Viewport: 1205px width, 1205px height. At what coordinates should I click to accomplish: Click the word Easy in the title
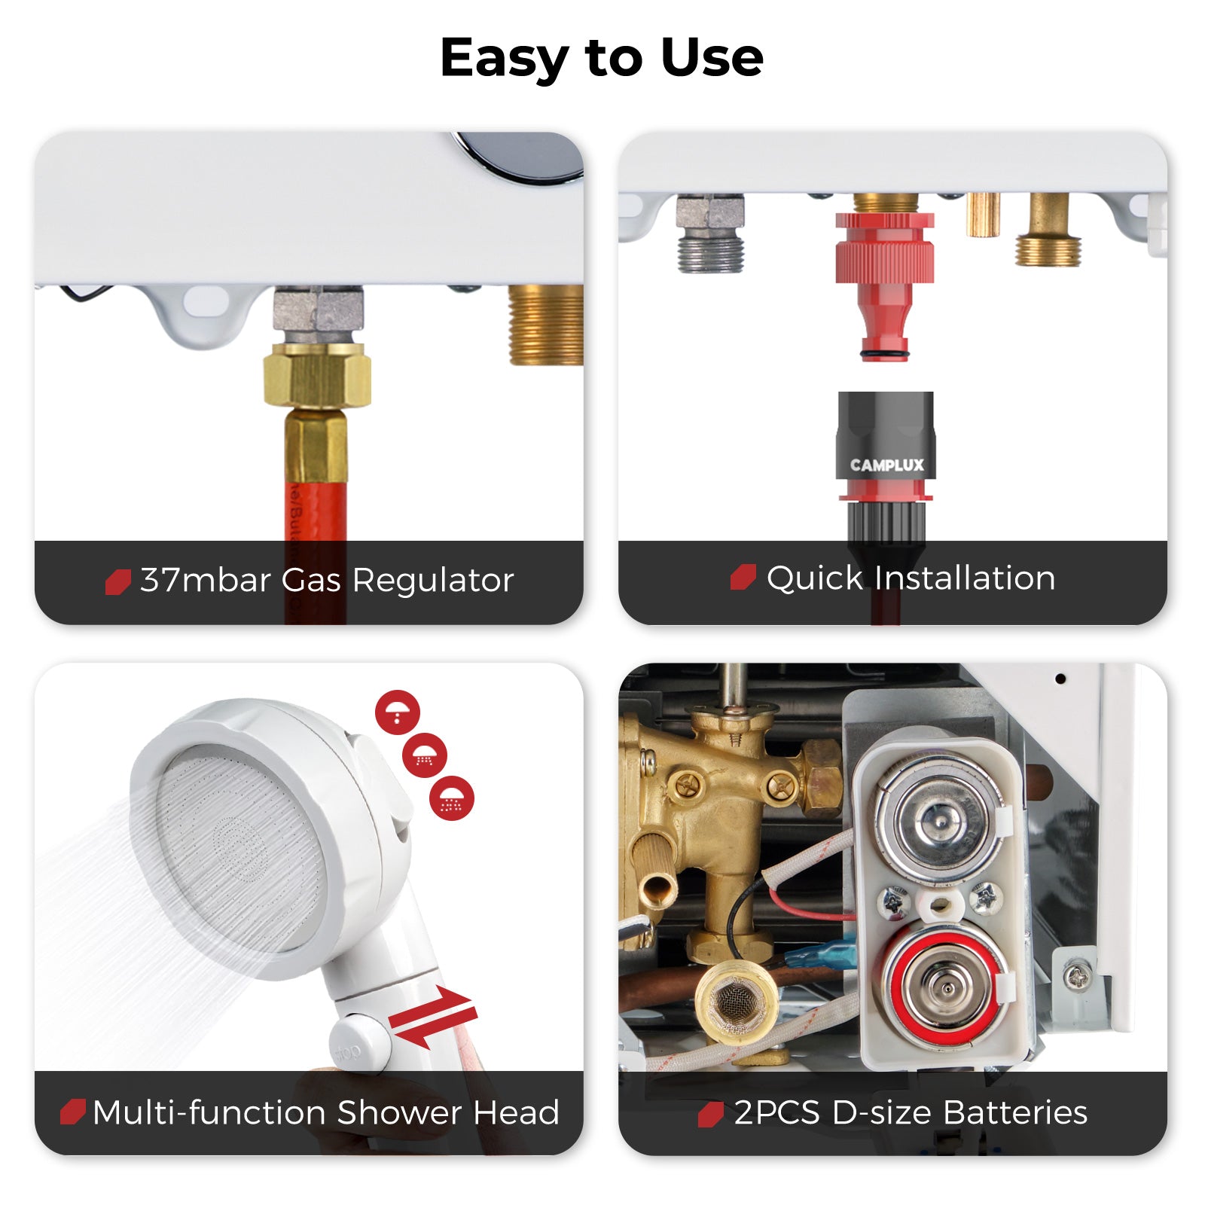(x=504, y=58)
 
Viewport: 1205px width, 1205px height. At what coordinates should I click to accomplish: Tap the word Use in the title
(x=712, y=58)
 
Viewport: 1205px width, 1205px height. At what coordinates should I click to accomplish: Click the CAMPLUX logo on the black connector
(x=886, y=465)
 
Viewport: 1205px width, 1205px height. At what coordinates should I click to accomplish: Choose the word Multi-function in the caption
(x=210, y=1112)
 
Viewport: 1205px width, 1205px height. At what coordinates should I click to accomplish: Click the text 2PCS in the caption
(x=776, y=1112)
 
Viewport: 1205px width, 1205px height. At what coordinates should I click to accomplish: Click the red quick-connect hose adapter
(x=885, y=279)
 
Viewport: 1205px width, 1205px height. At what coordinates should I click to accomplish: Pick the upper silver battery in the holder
(x=939, y=819)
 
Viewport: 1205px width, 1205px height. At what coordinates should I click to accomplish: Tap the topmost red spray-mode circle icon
(x=397, y=712)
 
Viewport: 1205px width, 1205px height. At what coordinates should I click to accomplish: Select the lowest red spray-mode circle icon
(x=452, y=798)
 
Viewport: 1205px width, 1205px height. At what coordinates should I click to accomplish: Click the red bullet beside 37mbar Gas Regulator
(x=117, y=581)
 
